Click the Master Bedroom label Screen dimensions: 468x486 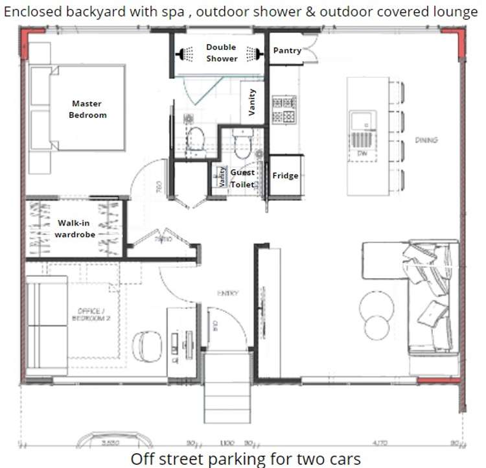(87, 109)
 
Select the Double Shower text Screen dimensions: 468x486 (222, 53)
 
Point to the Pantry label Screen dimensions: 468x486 (287, 51)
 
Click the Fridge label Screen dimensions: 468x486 (285, 176)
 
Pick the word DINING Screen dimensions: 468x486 (426, 140)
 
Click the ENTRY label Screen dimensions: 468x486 (228, 293)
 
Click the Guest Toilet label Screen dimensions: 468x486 (243, 178)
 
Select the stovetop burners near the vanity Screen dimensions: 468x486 (284, 110)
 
